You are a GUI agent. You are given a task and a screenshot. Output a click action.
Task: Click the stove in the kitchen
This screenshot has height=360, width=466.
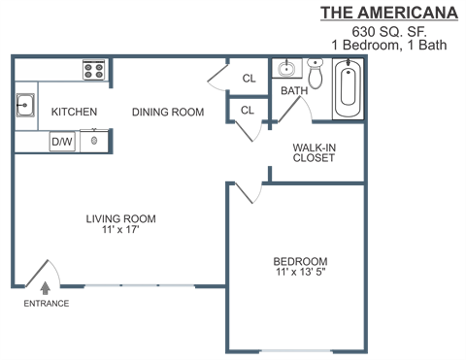click(94, 70)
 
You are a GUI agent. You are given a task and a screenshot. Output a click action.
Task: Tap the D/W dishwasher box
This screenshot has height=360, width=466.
click(62, 142)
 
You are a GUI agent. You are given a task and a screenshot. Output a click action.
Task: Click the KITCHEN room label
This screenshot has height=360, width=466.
click(74, 113)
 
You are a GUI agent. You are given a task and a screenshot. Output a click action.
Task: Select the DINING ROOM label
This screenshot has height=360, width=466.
click(168, 113)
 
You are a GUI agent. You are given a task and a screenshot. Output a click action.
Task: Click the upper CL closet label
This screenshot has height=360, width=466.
click(248, 79)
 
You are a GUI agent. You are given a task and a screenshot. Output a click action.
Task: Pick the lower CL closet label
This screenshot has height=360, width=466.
click(247, 111)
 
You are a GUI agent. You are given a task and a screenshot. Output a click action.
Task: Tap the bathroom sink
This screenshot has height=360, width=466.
click(286, 70)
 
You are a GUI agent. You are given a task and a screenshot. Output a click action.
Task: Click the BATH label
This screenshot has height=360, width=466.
click(293, 91)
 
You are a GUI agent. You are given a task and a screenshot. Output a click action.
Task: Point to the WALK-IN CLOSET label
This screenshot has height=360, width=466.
click(314, 153)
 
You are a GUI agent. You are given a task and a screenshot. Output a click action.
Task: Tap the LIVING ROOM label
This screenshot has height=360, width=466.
click(120, 219)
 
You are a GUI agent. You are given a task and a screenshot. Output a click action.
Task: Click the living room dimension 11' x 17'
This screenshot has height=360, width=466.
click(120, 231)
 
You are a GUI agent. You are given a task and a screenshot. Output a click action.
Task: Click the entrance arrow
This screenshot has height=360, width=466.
click(45, 287)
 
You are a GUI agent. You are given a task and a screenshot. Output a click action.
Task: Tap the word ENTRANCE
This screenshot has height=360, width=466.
click(46, 304)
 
